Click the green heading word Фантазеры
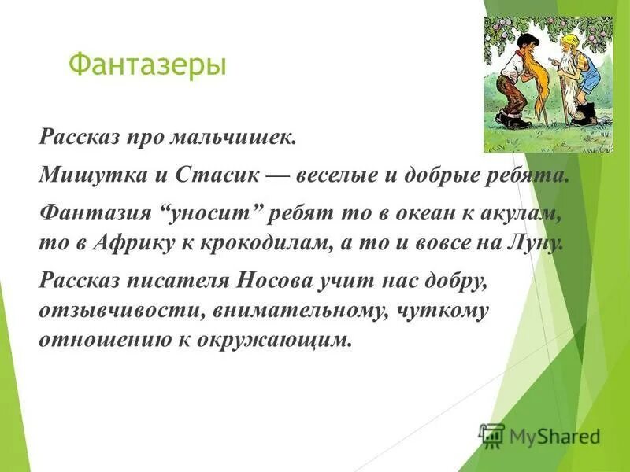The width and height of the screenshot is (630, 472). pyautogui.click(x=147, y=64)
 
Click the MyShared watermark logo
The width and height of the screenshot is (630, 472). pyautogui.click(x=540, y=435)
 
